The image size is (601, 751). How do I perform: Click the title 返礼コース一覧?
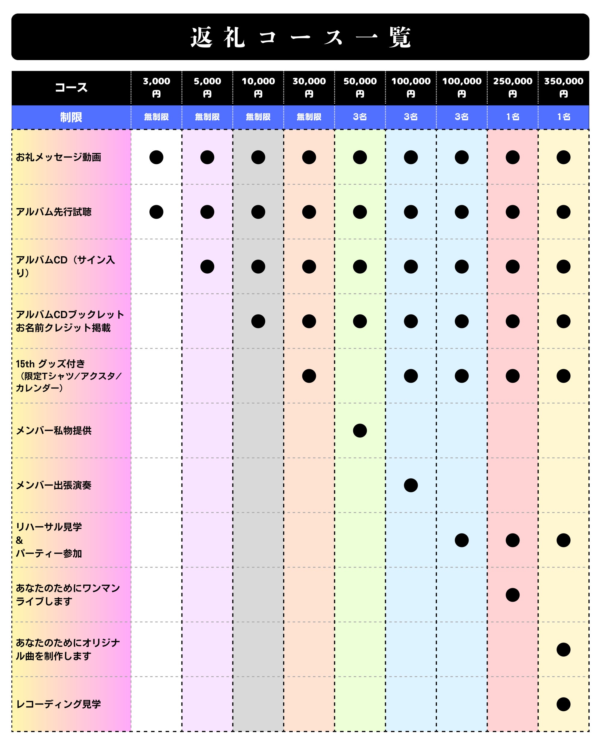coord(300,37)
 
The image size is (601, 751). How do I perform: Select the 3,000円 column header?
coord(157,87)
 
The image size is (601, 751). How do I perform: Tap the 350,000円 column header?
coord(563,87)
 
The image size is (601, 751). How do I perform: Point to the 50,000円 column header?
coord(360,87)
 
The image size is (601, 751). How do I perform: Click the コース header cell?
coord(71,87)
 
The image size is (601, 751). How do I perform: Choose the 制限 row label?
coord(71,117)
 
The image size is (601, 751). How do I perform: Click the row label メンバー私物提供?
coord(54,430)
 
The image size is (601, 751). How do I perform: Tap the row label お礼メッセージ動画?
coord(58,157)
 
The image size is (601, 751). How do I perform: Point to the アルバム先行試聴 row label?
coord(54,212)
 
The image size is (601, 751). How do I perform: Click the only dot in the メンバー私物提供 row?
coord(360,430)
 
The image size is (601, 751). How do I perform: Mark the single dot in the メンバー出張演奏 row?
coord(411,485)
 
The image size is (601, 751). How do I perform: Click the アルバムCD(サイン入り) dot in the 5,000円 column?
coord(207,266)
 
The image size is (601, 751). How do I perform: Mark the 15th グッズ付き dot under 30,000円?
coord(309,376)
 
